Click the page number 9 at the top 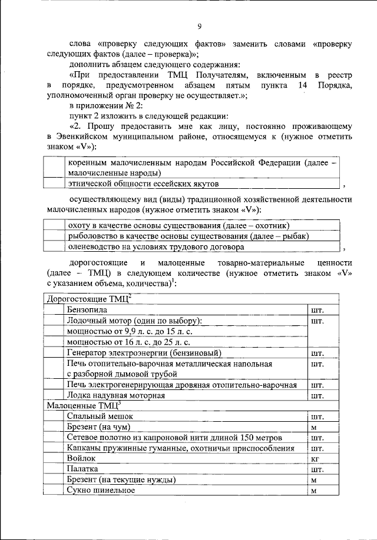pyautogui.click(x=200, y=26)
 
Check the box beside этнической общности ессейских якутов pyautogui.click(x=55, y=184)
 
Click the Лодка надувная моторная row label pyautogui.click(x=115, y=395)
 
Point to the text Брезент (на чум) pyautogui.click(x=98, y=426)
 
